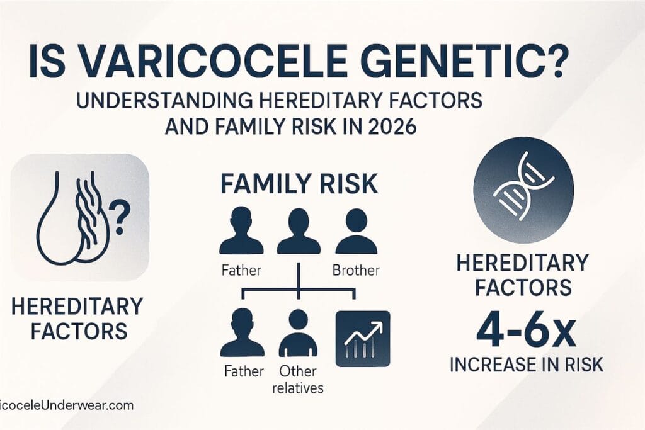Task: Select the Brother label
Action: [357, 272]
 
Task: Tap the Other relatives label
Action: [297, 379]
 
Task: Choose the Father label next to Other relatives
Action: [243, 371]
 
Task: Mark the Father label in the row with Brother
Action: [243, 272]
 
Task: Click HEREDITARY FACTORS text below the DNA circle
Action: [523, 274]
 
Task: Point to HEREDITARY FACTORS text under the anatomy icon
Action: [76, 319]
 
